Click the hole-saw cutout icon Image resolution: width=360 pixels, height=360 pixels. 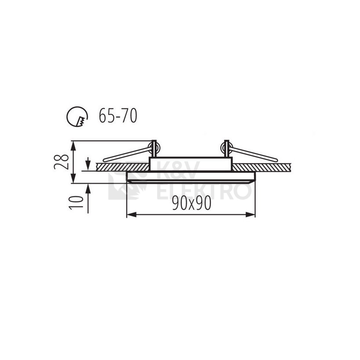(77, 116)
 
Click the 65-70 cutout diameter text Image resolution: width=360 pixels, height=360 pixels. (118, 116)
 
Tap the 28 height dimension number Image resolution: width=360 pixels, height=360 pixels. (61, 162)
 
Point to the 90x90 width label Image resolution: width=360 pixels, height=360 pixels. (192, 204)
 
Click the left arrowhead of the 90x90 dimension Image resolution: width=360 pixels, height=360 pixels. (131, 215)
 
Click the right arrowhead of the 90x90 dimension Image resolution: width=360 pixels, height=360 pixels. (251, 215)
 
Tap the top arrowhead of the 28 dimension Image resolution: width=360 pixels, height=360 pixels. (73, 145)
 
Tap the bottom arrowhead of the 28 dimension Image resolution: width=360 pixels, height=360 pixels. (73, 178)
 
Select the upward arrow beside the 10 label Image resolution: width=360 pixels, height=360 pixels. (88, 198)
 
